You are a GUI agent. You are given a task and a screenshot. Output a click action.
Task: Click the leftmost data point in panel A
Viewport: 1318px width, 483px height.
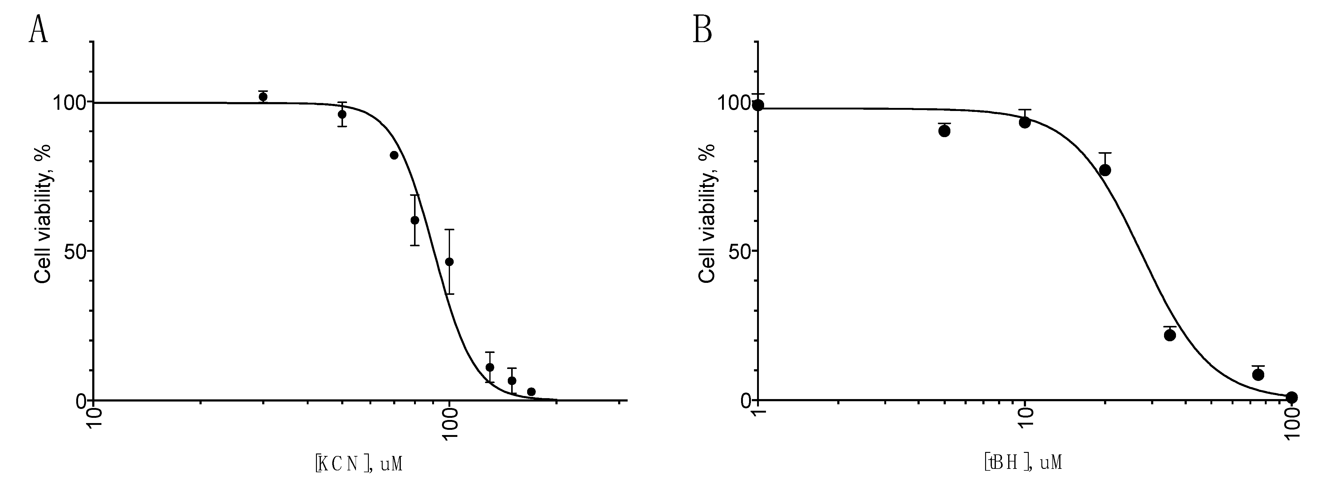pyautogui.click(x=263, y=97)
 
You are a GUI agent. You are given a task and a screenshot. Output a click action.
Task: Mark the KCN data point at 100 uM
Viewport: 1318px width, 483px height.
pyautogui.click(x=449, y=262)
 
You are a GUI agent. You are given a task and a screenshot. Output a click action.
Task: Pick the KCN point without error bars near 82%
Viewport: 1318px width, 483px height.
pyautogui.click(x=394, y=155)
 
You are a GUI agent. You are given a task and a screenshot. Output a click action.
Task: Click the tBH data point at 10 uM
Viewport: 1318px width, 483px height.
pyautogui.click(x=1024, y=122)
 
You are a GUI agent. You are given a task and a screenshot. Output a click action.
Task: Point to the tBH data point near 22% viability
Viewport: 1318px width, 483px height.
pyautogui.click(x=1170, y=335)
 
